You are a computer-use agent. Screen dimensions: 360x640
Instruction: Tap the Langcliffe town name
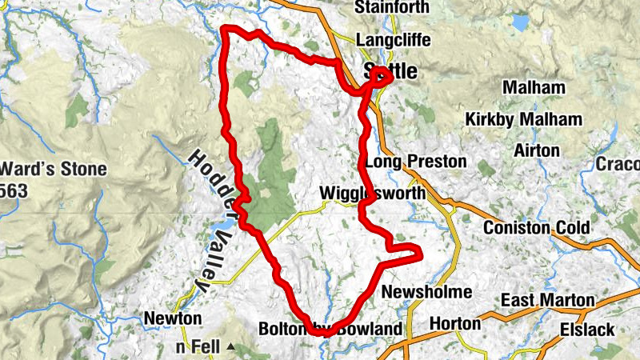(393, 40)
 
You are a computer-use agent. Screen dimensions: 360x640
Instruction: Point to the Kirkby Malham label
(523, 119)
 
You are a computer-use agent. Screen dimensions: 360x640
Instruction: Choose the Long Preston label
(416, 162)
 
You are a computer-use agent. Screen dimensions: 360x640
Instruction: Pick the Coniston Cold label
(536, 228)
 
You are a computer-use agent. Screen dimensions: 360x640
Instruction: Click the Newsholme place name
(427, 292)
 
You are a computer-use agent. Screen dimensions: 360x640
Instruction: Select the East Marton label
(547, 300)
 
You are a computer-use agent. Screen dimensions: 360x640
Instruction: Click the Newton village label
(172, 318)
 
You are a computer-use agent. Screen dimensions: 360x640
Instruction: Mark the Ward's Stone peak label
(54, 170)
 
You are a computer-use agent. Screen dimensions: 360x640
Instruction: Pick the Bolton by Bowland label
(330, 329)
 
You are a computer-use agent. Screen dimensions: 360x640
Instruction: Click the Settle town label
(390, 70)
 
